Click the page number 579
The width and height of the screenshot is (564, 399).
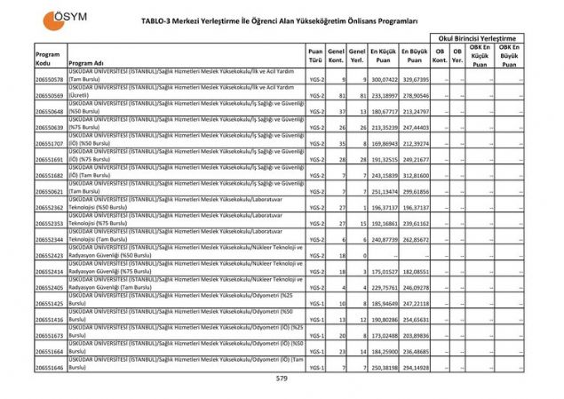(282, 379)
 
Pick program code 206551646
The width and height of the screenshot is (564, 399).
(49, 367)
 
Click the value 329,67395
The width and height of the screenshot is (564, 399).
(415, 80)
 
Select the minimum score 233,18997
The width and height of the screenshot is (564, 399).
(384, 95)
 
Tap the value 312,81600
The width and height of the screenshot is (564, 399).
(415, 175)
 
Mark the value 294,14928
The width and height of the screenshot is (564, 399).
(415, 367)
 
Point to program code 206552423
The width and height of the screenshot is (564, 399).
(49, 255)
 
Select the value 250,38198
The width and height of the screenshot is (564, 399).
(384, 367)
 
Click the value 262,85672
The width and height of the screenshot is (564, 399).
(415, 239)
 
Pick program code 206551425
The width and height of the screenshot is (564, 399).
(49, 303)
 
